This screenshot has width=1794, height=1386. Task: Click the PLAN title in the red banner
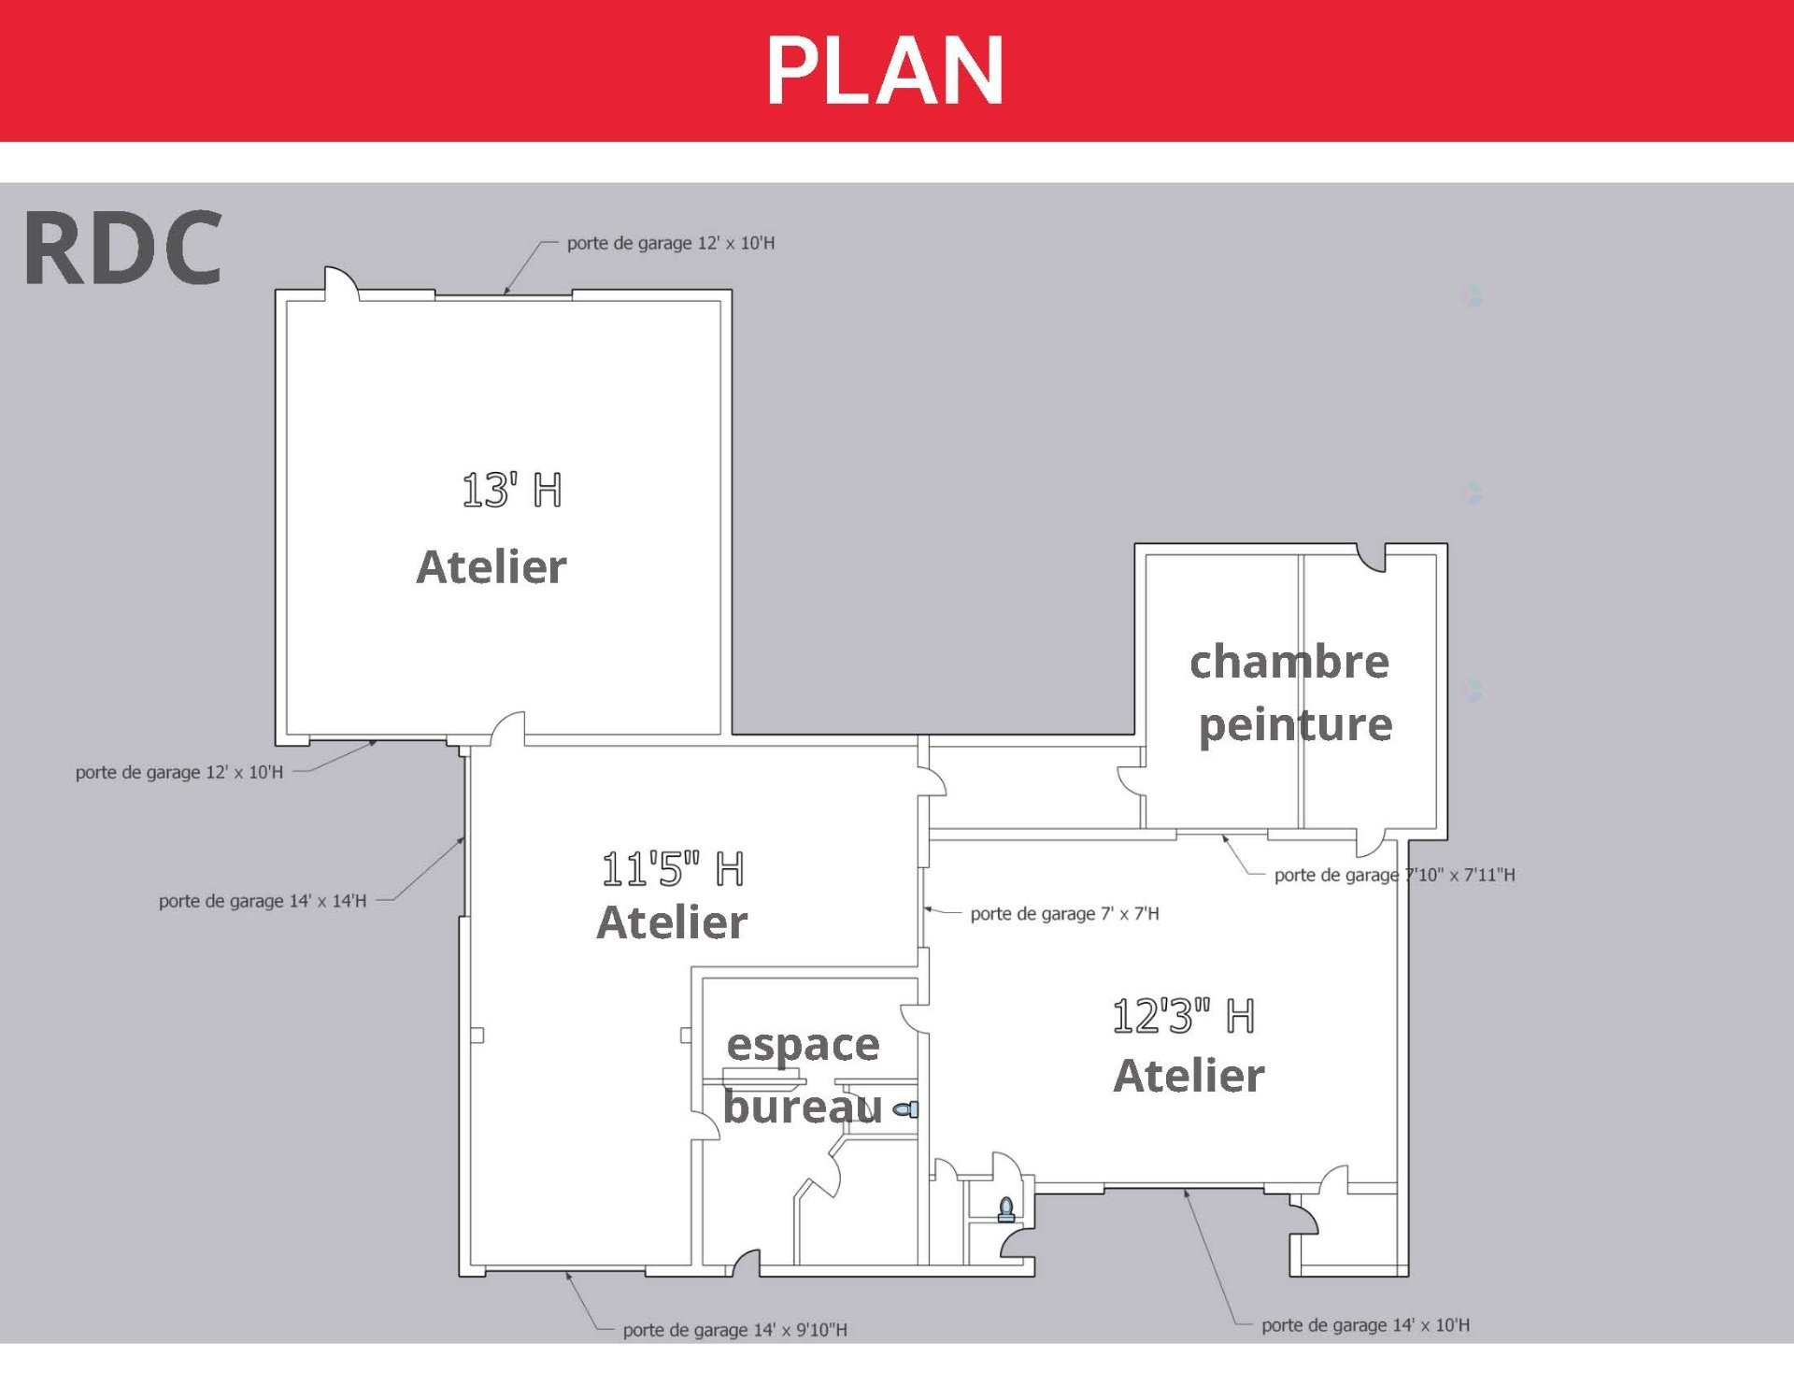(885, 71)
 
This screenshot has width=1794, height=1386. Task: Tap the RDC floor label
(122, 249)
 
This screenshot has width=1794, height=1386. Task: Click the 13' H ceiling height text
(512, 490)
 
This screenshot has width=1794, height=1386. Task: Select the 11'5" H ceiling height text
(672, 869)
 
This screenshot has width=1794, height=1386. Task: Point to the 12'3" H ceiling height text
(1183, 1016)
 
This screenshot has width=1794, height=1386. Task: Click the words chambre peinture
(1292, 693)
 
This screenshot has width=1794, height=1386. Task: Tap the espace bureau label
(803, 1075)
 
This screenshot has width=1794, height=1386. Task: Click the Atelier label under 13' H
(491, 567)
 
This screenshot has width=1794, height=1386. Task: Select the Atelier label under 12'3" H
(1189, 1076)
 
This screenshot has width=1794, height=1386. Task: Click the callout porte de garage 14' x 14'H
(263, 901)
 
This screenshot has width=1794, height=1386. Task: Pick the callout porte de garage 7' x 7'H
(1064, 914)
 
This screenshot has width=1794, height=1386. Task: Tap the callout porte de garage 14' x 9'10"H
(734, 1330)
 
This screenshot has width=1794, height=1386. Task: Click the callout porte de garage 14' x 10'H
(1365, 1325)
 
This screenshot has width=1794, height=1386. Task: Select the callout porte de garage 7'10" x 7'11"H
(1394, 876)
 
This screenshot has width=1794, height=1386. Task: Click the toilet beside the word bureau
(906, 1109)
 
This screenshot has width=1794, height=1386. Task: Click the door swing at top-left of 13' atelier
(340, 283)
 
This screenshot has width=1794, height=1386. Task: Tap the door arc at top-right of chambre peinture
(1371, 560)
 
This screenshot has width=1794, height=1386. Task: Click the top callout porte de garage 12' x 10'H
(670, 244)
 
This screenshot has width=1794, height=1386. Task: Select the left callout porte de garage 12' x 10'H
(178, 773)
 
